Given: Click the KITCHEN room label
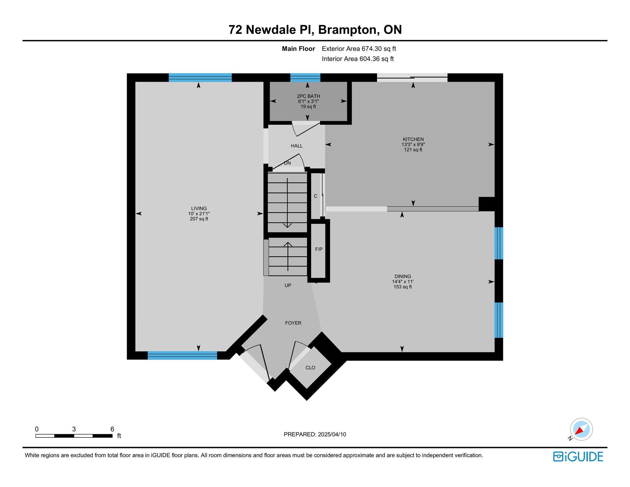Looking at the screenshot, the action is pos(413,139).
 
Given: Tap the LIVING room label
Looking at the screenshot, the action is pos(199,208).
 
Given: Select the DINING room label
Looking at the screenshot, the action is pos(403,276).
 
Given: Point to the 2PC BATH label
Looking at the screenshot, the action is pos(308,96).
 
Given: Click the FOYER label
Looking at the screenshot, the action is pos(293,323).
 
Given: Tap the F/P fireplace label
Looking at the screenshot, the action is pos(319,249).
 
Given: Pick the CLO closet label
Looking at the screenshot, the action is pos(310,368).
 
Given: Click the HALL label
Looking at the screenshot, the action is pos(297,146).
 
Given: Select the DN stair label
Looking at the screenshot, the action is pos(287,163).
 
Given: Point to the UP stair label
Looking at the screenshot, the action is pos(288,286).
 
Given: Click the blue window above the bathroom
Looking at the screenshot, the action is pos(305,77).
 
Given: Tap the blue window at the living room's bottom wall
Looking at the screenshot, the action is pos(182,355).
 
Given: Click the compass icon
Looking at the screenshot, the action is pos(581,429).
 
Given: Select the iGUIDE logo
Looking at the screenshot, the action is pos(578,456).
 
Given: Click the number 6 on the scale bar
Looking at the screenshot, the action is pos(112,429).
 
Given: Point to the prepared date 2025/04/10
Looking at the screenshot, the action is pos(332,434).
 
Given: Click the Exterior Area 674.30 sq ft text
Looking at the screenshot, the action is pos(359,49).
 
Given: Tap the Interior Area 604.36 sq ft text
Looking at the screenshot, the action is pos(358,59).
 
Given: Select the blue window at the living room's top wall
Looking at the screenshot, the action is pos(200,77).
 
